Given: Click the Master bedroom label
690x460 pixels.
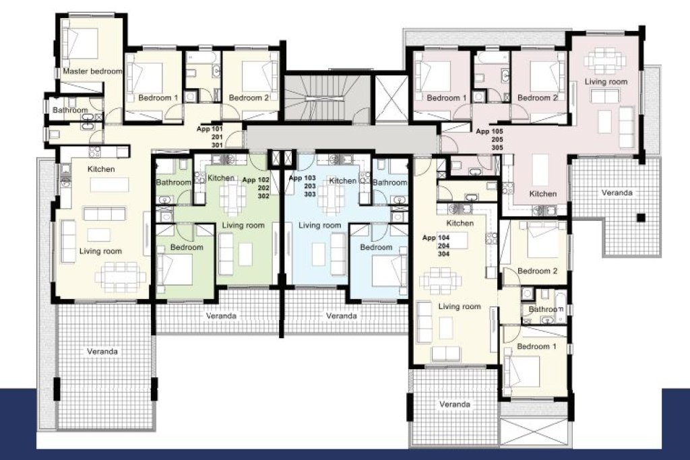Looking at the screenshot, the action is click(92, 71).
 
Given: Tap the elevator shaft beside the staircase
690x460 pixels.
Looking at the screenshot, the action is click(391, 98).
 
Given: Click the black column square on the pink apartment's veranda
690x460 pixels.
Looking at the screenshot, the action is click(641, 218).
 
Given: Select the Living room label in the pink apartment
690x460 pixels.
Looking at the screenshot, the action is click(606, 81).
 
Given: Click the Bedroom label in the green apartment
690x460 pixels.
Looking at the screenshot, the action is click(187, 247).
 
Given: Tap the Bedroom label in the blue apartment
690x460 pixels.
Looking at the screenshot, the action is click(376, 247).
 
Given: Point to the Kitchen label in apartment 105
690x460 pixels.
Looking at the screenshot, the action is click(543, 193).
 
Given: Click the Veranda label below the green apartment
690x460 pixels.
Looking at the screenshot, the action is click(221, 316).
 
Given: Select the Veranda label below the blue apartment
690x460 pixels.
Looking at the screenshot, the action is click(342, 316).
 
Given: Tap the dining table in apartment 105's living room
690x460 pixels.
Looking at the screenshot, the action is click(605, 60).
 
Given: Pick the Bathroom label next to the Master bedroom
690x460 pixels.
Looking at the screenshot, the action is click(70, 110).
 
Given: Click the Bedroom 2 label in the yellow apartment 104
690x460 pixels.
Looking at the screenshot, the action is click(537, 271).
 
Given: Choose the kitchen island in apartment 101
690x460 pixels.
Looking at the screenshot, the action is click(110, 185).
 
